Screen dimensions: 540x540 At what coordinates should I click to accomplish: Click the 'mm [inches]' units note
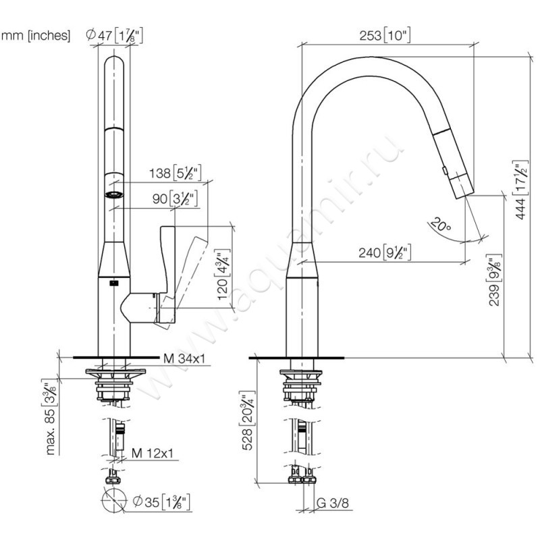[x=36, y=36]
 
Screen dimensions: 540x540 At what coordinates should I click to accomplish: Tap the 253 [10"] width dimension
[x=385, y=36]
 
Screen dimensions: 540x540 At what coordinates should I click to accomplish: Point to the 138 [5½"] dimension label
[x=175, y=173]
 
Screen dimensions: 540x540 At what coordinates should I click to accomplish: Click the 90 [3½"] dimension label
[x=175, y=198]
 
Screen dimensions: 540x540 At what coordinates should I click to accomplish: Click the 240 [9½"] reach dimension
[x=385, y=252]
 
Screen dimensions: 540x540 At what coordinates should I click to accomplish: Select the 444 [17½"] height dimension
[x=521, y=190]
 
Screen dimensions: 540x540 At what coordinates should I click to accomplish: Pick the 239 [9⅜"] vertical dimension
[x=495, y=280]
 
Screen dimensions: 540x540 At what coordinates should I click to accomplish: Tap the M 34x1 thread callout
[x=184, y=358]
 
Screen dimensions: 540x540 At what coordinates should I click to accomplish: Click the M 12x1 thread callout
[x=153, y=453]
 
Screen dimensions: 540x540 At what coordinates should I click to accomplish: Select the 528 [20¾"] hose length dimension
[x=248, y=421]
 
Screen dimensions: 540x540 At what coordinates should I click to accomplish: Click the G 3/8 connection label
[x=332, y=503]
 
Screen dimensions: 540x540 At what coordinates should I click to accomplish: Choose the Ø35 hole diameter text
[x=161, y=502]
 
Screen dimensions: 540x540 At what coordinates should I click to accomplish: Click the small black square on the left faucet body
[x=113, y=283]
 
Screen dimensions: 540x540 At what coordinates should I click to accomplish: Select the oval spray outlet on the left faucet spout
[x=114, y=194]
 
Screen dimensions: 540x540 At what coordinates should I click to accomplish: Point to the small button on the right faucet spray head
[x=445, y=170]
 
